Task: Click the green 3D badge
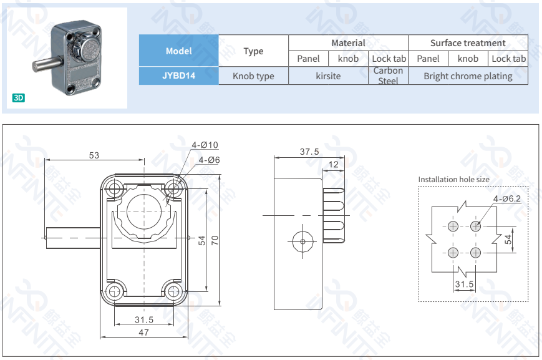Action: [18, 98]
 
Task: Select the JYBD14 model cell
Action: [178, 76]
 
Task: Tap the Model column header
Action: [178, 51]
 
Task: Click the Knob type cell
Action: [253, 76]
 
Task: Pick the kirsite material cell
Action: [328, 76]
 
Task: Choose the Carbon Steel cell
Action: [388, 75]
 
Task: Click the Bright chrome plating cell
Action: [468, 76]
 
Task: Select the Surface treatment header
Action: [468, 43]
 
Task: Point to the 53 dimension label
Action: [94, 155]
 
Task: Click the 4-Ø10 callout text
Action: [205, 145]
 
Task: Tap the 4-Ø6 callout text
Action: [209, 160]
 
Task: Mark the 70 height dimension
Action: [215, 240]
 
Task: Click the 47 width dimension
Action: [143, 333]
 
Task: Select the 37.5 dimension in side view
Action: [309, 152]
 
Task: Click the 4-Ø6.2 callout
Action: [506, 198]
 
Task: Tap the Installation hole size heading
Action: [453, 180]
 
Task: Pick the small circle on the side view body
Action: [302, 241]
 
